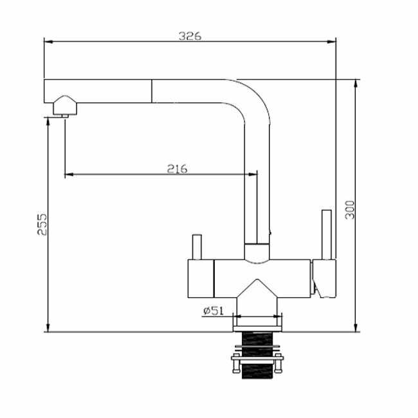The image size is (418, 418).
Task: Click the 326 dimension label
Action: point(190,36)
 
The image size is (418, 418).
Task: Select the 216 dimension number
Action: point(177,168)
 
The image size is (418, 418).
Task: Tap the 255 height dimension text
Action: point(42,224)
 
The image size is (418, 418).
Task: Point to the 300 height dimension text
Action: point(350,210)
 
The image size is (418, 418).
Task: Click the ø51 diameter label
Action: point(214,311)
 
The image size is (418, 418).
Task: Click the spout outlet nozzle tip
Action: point(65,116)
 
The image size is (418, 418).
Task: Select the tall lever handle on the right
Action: point(327,235)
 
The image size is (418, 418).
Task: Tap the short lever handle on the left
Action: point(197,247)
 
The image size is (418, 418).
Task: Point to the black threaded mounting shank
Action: point(257,355)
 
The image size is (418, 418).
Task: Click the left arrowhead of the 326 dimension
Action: point(48,42)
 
